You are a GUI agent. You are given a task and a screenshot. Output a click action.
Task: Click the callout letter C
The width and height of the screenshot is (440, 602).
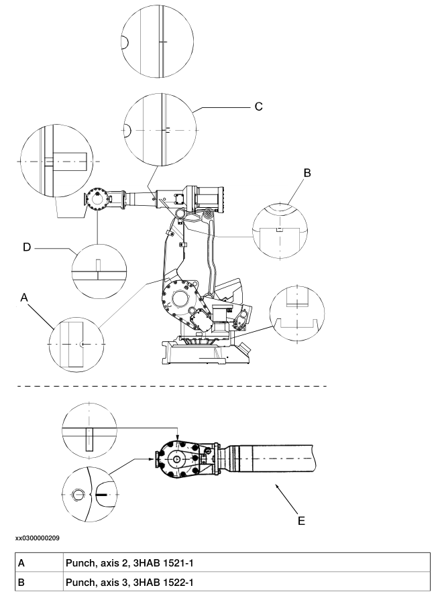point(259,107)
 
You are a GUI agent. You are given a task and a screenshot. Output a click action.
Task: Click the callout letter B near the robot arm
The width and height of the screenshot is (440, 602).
point(307,173)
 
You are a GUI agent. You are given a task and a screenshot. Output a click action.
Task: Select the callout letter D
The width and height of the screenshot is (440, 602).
point(27,247)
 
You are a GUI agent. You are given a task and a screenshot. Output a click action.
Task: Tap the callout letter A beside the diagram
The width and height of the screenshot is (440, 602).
point(24,297)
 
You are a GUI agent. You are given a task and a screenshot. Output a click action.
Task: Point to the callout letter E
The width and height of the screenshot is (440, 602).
point(301,521)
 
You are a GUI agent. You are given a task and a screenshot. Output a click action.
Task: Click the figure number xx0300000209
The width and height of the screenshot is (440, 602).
point(38,538)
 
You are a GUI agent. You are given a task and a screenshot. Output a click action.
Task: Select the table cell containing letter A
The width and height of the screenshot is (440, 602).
point(39,563)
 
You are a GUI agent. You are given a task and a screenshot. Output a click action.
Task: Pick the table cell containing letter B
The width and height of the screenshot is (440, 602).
point(39,582)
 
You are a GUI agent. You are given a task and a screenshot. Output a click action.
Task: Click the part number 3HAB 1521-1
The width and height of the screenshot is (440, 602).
point(163,563)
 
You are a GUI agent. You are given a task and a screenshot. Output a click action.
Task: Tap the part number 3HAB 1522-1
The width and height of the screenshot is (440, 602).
point(163,582)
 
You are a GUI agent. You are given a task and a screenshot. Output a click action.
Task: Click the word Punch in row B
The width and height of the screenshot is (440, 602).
point(80,582)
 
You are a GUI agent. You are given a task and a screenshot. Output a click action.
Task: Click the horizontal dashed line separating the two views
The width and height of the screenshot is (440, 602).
point(172,386)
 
